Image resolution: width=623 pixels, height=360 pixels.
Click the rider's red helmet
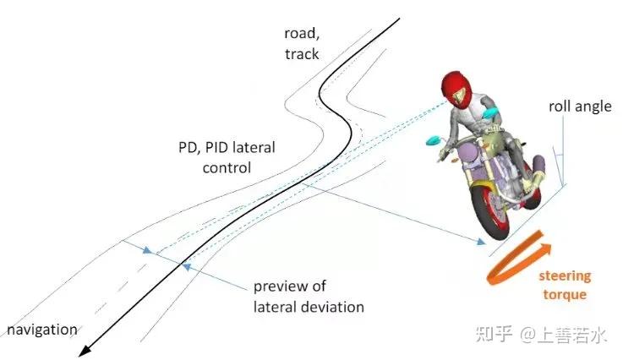pos(456,87)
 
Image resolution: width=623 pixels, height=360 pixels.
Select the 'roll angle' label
pos(579,106)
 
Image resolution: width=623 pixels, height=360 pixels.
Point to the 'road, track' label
pos(302,43)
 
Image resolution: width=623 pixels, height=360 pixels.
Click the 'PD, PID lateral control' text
pos(226,157)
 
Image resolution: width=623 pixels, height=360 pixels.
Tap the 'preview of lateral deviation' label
pos(309,296)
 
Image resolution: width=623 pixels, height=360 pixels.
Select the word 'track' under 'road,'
pos(302,53)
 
